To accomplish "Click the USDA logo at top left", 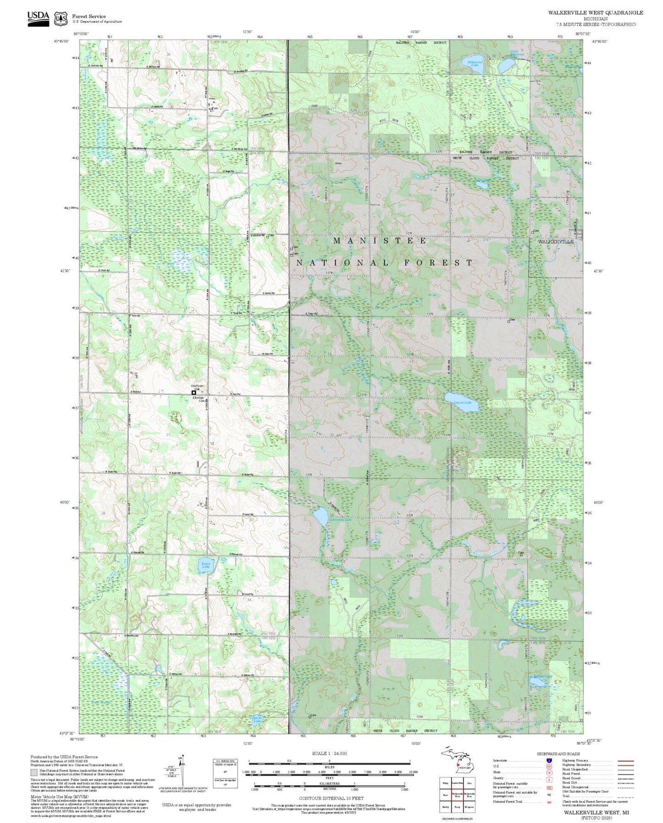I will pyautogui.click(x=38, y=19).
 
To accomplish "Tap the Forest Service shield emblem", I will pyautogui.click(x=60, y=19).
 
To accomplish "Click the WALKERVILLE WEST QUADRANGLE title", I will pyautogui.click(x=595, y=13).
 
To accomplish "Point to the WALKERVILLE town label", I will pyautogui.click(x=555, y=242).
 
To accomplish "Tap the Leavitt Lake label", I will pyautogui.click(x=462, y=403).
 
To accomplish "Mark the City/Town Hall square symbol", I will pyautogui.click(x=194, y=393).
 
